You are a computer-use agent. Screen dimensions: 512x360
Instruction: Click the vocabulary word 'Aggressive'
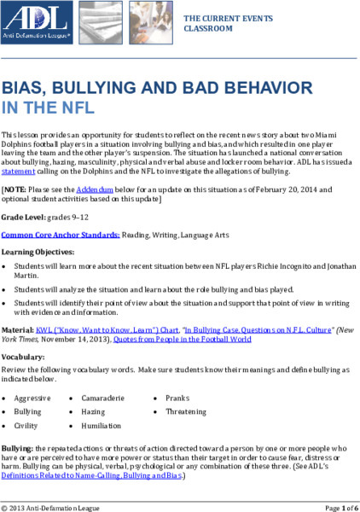tap(34, 398)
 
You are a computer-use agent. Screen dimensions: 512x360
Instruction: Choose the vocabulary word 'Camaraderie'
tap(107, 398)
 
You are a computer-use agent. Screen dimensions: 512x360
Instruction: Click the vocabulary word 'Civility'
tap(28, 424)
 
